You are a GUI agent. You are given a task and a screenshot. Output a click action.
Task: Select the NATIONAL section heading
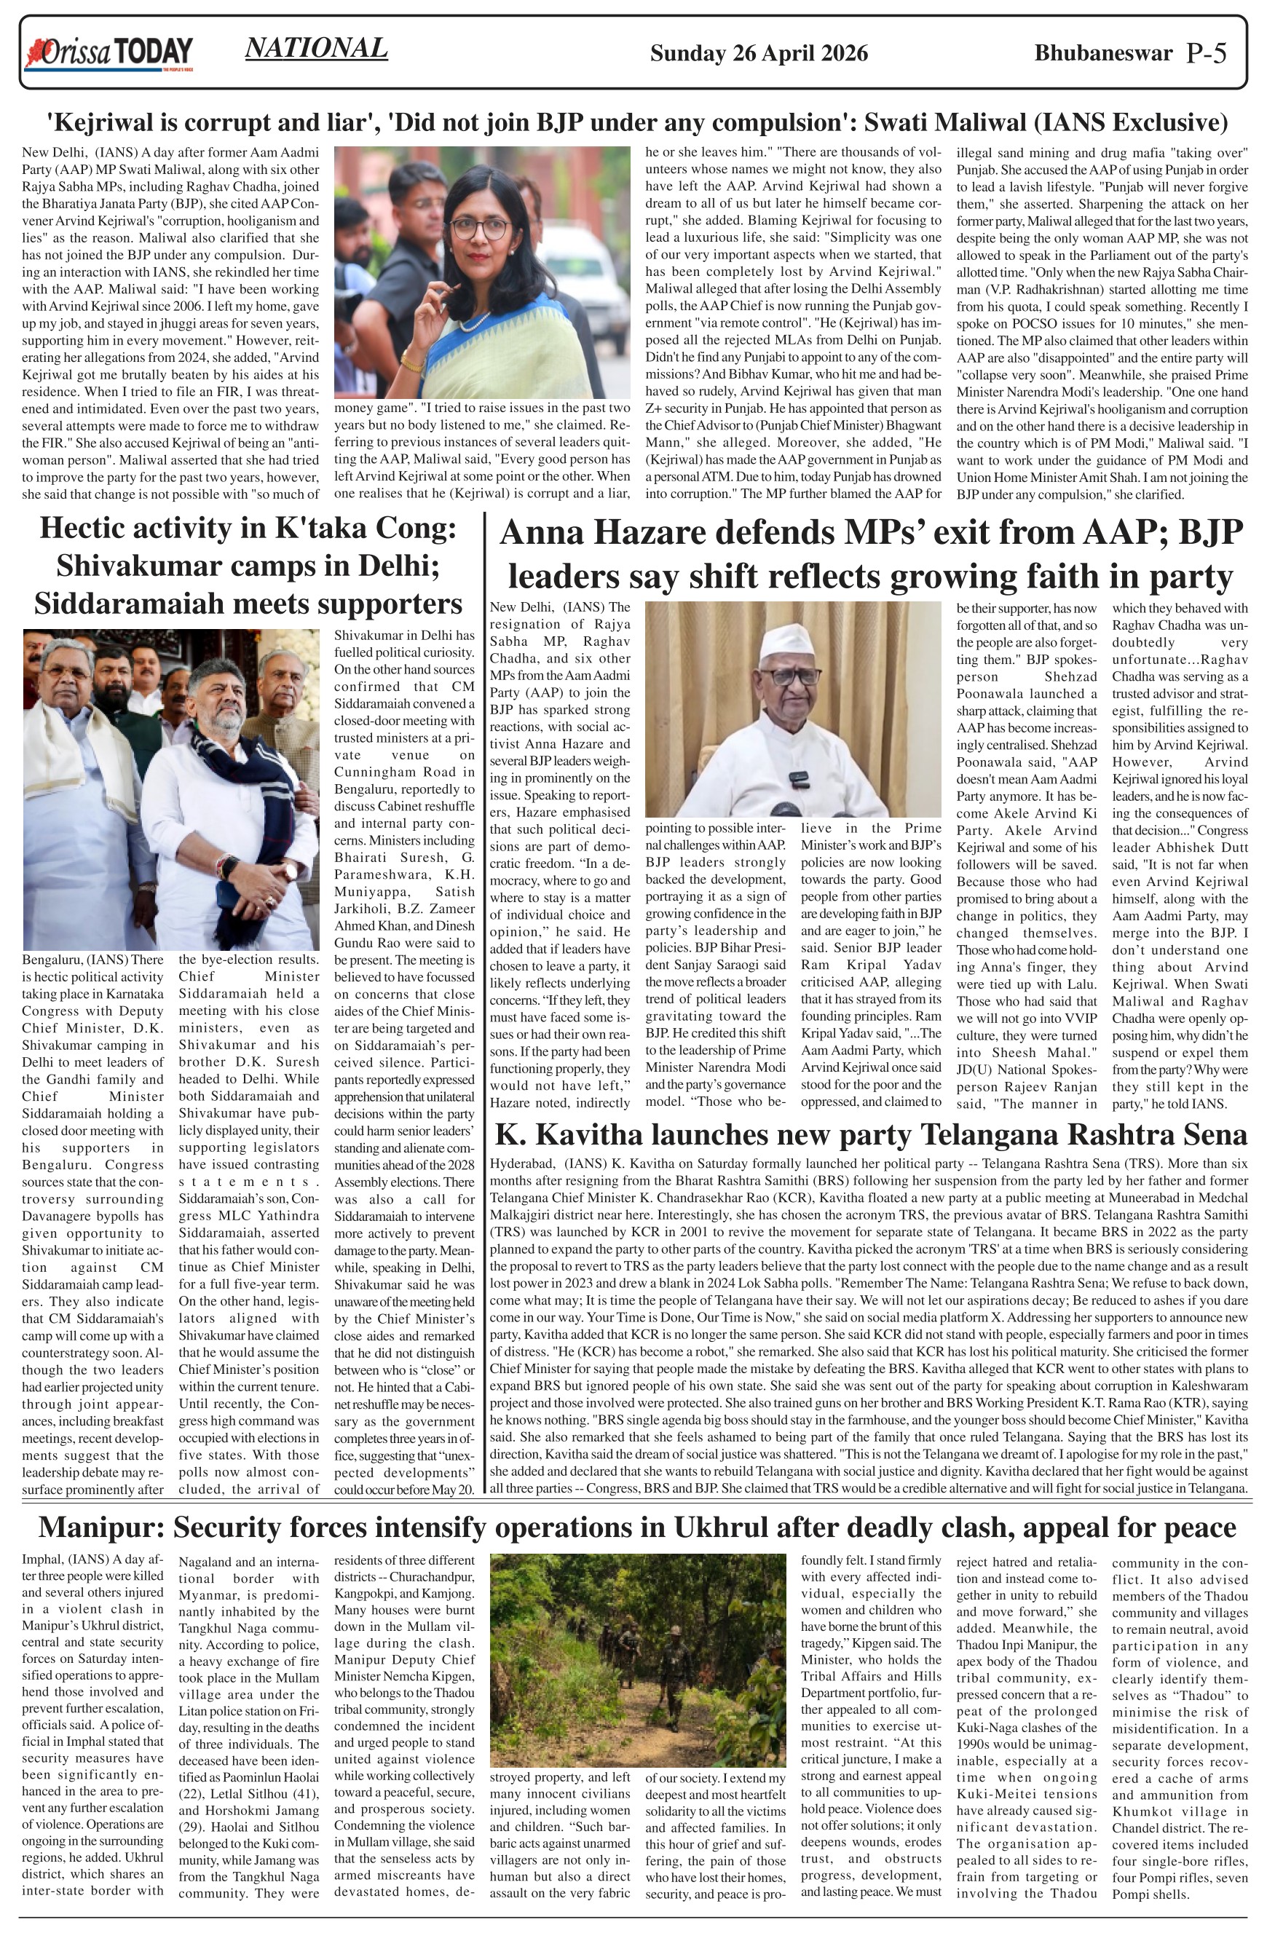(316, 49)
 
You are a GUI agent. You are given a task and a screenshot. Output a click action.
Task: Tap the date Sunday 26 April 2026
(759, 54)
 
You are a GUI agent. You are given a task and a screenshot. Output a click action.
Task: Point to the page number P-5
(1206, 54)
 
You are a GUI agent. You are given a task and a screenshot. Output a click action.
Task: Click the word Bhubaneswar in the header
(1103, 54)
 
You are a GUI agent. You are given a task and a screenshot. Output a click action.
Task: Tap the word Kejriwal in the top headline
(105, 124)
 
